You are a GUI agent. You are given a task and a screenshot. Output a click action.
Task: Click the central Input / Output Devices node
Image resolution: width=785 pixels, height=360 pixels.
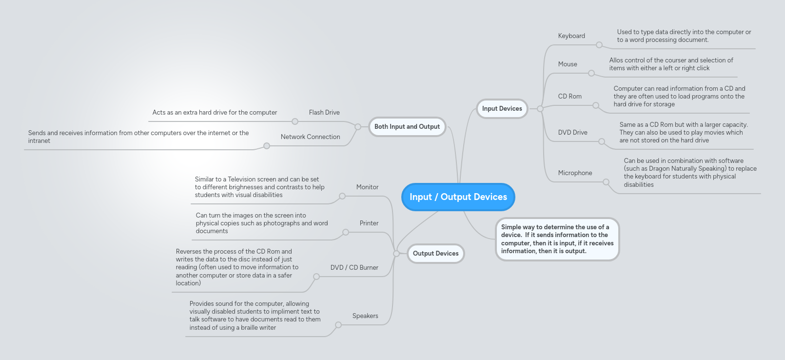[458, 197]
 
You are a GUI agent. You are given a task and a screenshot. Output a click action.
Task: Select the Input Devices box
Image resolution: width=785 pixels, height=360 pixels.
[502, 109]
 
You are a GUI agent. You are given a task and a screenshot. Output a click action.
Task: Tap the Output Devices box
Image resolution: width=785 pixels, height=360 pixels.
[435, 254]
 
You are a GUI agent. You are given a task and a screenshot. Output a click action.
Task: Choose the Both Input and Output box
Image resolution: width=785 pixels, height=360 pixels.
[407, 127]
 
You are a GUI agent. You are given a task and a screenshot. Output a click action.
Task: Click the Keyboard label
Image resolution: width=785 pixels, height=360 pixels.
[571, 36]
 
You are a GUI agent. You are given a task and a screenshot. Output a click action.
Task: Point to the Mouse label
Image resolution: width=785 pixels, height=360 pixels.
[568, 64]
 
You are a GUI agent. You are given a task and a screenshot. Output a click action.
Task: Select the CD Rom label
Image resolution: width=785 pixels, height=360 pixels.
[569, 97]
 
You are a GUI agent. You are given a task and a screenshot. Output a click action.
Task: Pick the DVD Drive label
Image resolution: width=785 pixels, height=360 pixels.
[572, 133]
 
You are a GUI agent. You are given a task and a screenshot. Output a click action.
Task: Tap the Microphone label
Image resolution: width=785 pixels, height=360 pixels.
[575, 173]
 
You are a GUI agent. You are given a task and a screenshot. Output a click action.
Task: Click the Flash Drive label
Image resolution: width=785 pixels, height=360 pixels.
[324, 113]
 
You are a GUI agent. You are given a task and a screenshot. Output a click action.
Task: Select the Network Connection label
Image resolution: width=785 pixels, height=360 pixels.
[310, 137]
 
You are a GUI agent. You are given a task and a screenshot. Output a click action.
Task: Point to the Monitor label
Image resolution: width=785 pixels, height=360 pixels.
[367, 187]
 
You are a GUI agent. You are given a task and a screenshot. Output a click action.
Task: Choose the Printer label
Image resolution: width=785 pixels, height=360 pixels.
[369, 223]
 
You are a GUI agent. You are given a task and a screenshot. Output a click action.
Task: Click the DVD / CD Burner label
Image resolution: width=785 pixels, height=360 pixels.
[354, 268]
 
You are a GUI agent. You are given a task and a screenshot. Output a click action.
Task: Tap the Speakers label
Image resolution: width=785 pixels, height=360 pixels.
[365, 316]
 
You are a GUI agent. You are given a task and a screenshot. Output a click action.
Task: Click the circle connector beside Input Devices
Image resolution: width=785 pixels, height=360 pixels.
[540, 109]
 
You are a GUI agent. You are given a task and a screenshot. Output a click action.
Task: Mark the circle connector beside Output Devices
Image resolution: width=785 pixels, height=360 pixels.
[396, 254]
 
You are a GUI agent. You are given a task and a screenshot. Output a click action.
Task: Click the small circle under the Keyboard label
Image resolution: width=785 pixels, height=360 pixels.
[599, 45]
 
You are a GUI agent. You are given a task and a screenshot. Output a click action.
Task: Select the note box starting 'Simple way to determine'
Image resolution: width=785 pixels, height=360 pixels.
[557, 239]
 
